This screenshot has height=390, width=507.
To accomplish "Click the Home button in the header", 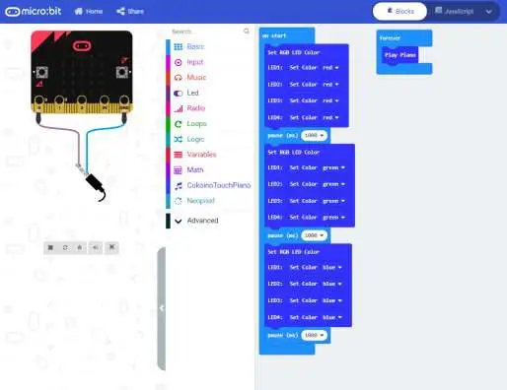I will [x=88, y=11].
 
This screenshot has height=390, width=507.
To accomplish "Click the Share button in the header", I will [x=129, y=11].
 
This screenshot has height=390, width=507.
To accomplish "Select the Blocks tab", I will [x=399, y=11].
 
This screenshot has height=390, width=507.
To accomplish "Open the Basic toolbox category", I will [x=195, y=46].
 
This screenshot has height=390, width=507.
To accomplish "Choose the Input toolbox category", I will [x=195, y=62].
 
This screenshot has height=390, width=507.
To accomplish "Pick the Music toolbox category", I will [x=195, y=77].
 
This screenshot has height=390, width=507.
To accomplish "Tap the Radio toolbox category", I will [x=195, y=108].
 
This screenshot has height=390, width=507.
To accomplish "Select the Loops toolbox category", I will [x=195, y=123].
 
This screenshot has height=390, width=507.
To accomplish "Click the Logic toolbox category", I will [x=195, y=139].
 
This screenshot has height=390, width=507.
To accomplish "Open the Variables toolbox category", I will [x=200, y=155].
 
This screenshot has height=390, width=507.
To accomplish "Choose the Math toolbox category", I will [x=195, y=169].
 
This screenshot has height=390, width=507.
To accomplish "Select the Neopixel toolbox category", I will [x=200, y=200].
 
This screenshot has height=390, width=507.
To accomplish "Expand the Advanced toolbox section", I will [x=201, y=221].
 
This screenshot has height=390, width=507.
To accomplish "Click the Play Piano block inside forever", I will [x=401, y=55].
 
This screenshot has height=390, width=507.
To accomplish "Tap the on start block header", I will [x=276, y=35].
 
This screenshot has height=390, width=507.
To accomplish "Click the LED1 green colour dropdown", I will [x=335, y=168].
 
